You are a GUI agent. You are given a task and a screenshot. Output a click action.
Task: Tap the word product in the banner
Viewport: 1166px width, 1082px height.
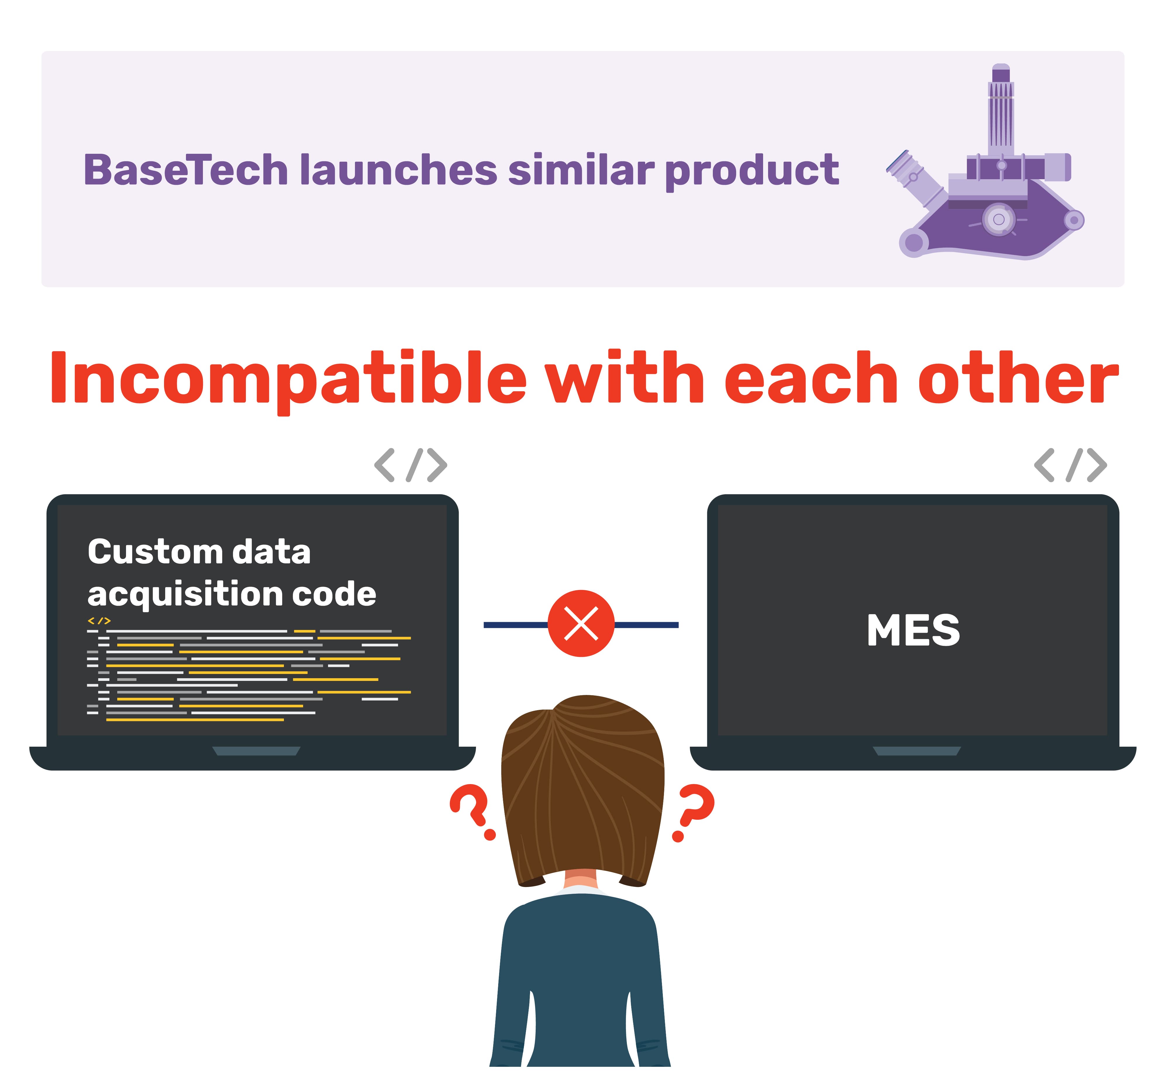[752, 171]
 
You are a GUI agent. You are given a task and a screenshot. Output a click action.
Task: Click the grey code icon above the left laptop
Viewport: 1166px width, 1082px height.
[410, 465]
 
